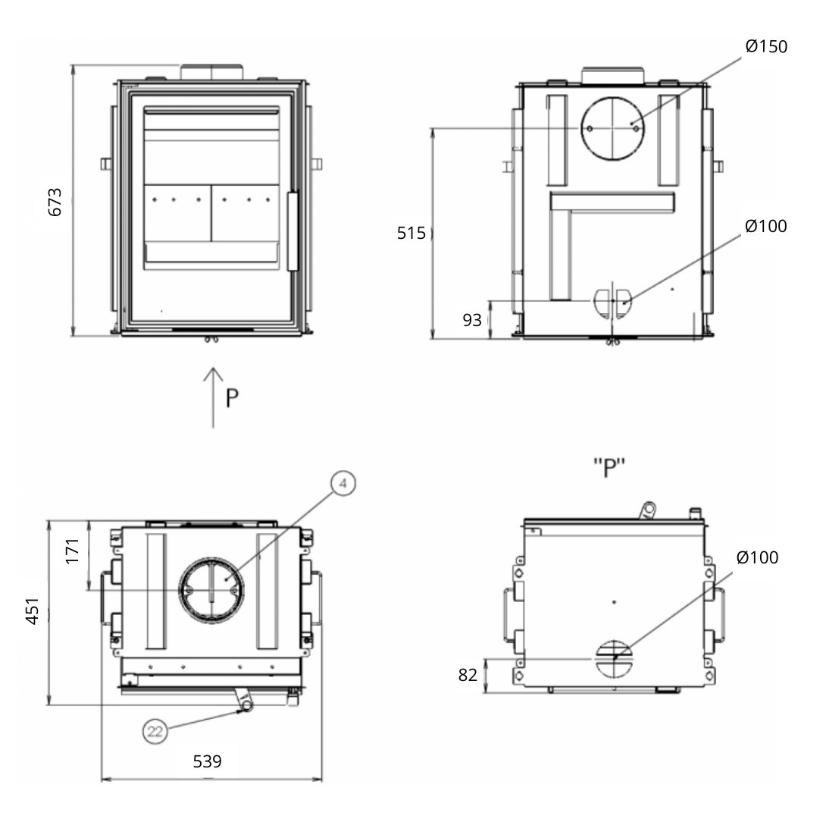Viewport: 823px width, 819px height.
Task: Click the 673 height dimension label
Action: click(x=55, y=202)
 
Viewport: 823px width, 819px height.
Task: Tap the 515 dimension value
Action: click(x=411, y=233)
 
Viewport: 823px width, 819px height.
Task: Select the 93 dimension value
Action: click(x=472, y=320)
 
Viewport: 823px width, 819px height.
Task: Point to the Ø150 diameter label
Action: click(x=766, y=46)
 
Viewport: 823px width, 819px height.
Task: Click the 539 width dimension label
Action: click(x=208, y=761)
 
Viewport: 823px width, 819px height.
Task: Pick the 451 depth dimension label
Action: click(x=33, y=610)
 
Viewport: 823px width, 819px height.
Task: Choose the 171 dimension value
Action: click(x=72, y=551)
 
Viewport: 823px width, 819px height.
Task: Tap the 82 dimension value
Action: click(x=468, y=675)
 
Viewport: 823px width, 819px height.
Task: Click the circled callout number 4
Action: click(x=343, y=483)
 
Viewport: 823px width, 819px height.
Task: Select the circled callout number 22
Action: click(x=155, y=731)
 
